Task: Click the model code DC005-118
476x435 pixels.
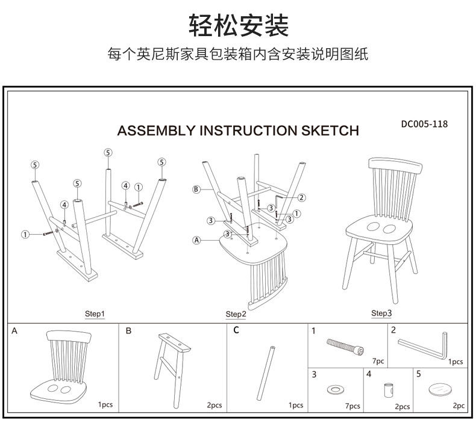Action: click(424, 125)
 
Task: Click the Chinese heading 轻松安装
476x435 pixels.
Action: click(239, 25)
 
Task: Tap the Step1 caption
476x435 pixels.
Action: click(94, 314)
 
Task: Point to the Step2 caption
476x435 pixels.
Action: click(236, 314)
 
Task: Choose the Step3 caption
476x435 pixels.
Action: click(381, 313)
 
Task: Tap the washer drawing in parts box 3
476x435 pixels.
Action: click(333, 389)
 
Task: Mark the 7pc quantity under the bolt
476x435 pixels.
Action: click(378, 361)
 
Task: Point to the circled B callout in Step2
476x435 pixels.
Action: click(196, 190)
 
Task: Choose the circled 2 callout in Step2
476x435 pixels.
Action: click(301, 197)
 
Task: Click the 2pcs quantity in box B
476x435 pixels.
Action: click(214, 406)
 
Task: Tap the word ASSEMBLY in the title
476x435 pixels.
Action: click(155, 131)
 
